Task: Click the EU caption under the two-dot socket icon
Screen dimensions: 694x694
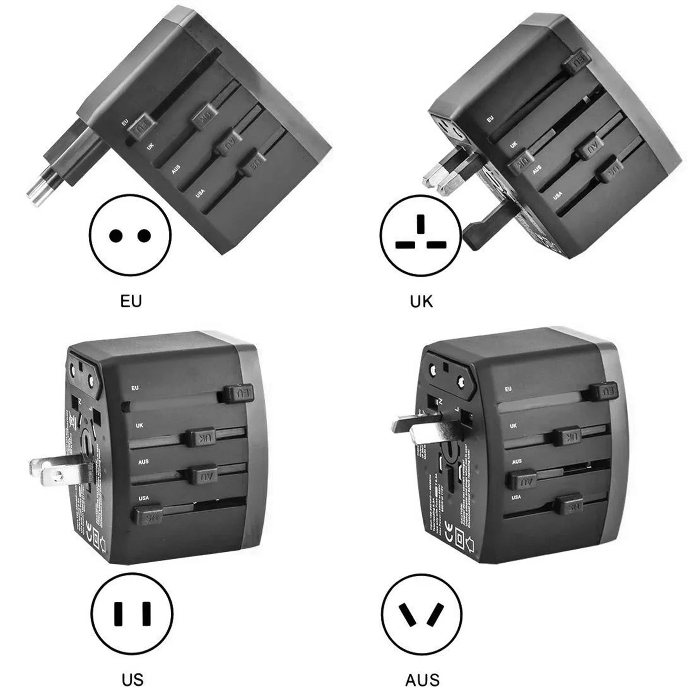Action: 131,301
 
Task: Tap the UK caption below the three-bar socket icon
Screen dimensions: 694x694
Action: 421,301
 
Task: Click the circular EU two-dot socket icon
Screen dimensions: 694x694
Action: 130,236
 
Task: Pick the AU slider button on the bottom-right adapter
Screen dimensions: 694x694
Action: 521,481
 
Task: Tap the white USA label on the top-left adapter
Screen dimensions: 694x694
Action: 200,193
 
